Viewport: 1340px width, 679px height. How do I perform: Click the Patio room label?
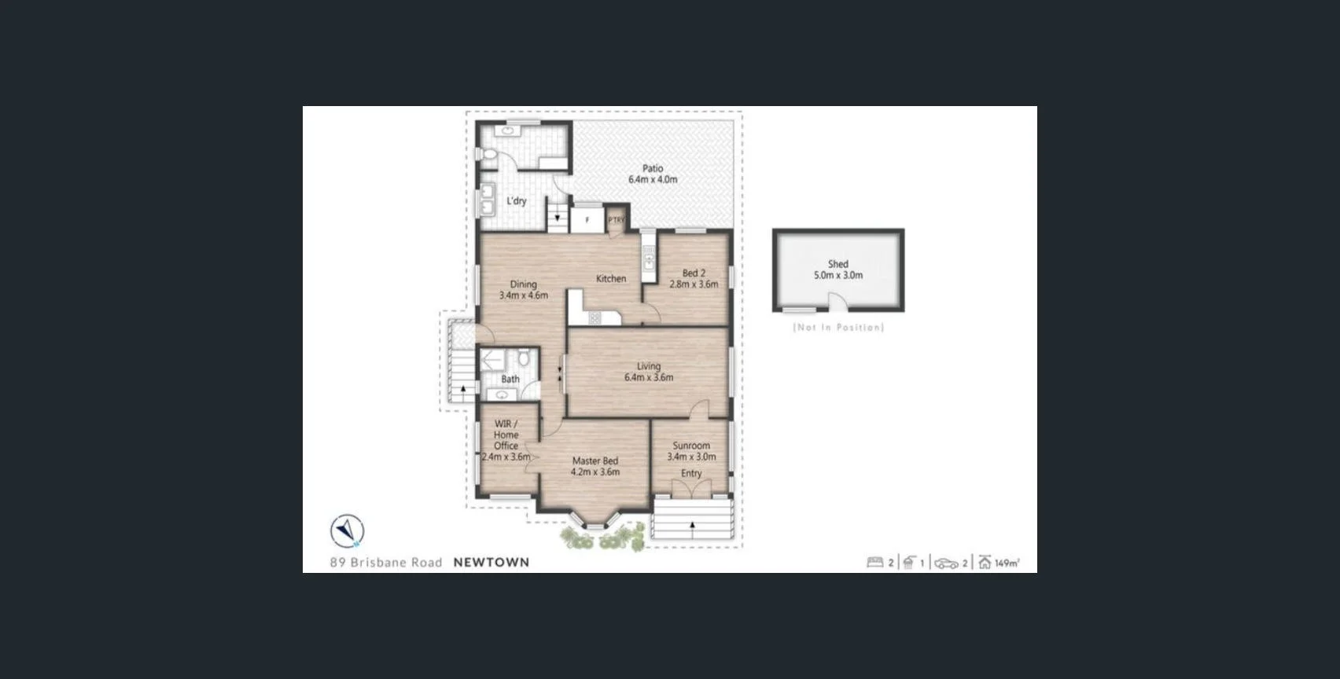click(652, 174)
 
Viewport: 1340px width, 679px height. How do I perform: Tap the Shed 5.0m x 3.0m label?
click(837, 270)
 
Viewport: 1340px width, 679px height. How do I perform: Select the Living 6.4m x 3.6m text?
click(648, 372)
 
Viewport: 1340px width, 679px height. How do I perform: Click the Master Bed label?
click(595, 466)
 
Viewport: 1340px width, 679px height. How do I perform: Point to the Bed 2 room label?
click(693, 278)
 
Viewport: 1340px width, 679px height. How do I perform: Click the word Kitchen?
click(610, 278)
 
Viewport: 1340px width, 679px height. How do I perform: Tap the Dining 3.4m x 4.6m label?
click(523, 289)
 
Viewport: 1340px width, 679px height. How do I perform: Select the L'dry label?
click(516, 200)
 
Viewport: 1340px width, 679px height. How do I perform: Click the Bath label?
click(510, 379)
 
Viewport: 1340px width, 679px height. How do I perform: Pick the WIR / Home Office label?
click(506, 439)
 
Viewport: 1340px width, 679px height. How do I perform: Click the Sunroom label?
click(691, 450)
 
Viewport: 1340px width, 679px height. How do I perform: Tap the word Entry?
click(691, 473)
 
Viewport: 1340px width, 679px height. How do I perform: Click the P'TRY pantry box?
click(616, 220)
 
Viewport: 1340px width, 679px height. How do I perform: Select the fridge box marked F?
click(587, 220)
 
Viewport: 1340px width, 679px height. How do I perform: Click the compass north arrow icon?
click(346, 531)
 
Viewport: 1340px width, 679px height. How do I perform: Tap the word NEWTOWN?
click(491, 562)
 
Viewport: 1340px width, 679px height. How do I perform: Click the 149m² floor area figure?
click(1007, 563)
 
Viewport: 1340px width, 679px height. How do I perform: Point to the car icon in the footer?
click(946, 563)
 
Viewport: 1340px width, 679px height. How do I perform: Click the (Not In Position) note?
click(838, 327)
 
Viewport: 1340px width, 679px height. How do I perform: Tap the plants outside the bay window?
click(602, 538)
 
